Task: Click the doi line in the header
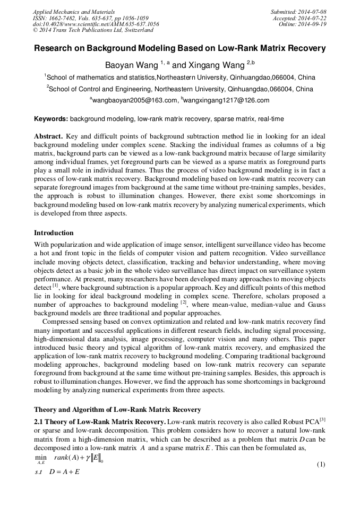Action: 96,24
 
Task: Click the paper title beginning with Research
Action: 180,48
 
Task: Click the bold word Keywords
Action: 51,118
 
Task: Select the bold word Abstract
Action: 49,136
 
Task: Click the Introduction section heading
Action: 54,233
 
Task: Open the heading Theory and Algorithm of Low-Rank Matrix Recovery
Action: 117,410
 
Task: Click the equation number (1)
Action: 320,465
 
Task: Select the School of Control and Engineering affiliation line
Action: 180,89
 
